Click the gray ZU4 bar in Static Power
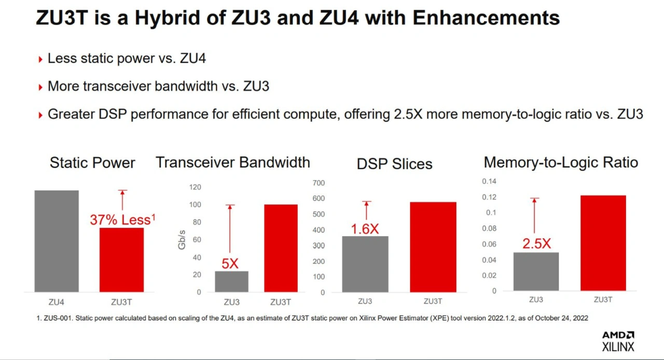[57, 241]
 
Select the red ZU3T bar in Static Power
[121, 259]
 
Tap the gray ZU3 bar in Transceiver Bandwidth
[231, 281]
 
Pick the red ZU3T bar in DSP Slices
[433, 246]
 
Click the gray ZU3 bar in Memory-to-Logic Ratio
[536, 271]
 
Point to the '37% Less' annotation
[122, 220]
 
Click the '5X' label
[230, 264]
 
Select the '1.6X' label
[365, 229]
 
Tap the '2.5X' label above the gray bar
[536, 244]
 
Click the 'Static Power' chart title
[92, 163]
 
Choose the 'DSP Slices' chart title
[394, 164]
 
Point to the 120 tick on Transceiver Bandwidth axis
[195, 187]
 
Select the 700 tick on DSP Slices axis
[319, 183]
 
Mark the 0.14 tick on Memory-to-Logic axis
[489, 181]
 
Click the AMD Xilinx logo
[618, 341]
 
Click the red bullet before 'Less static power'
[40, 60]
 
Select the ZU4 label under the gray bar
[57, 301]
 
